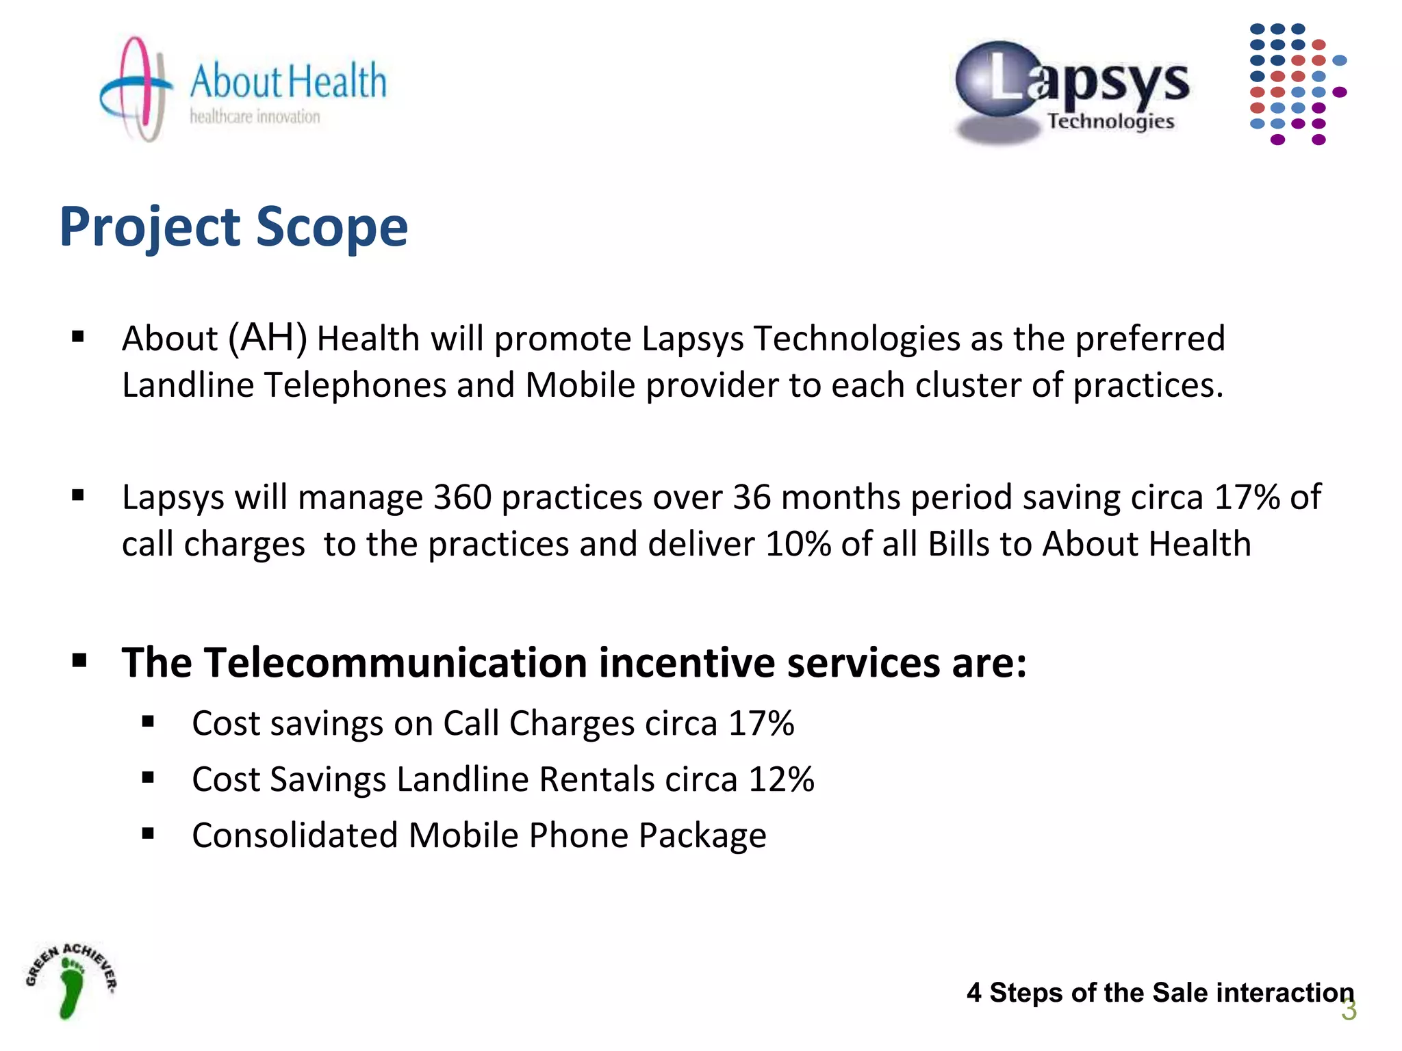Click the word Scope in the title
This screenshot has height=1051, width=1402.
click(331, 227)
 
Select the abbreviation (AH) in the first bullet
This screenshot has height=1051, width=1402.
click(268, 338)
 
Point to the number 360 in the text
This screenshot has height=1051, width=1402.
click(462, 497)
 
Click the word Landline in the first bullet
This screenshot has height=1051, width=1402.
click(188, 385)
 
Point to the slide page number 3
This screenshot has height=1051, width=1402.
click(1348, 1011)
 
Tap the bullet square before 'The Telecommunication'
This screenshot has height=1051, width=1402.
click(79, 660)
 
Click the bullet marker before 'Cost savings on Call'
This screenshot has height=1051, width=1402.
click(149, 721)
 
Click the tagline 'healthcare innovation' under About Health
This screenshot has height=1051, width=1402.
click(255, 117)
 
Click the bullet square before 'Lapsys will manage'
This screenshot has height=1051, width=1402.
click(78, 495)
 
